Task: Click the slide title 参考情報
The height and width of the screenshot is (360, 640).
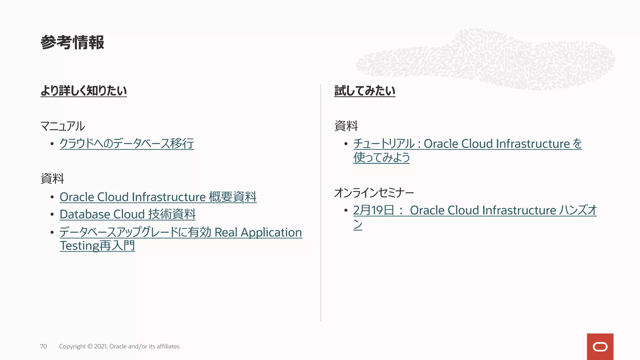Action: click(72, 42)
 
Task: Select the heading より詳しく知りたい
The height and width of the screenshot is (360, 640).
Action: click(83, 91)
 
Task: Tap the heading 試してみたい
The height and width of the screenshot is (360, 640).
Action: click(364, 91)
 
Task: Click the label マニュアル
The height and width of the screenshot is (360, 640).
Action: click(62, 126)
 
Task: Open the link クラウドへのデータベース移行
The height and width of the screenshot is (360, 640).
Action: click(127, 144)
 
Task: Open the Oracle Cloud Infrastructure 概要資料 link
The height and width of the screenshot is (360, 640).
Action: click(158, 197)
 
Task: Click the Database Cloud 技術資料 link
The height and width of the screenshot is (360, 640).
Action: click(127, 214)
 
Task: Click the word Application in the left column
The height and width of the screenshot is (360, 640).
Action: click(271, 232)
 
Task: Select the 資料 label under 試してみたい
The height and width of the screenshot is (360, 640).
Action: click(346, 126)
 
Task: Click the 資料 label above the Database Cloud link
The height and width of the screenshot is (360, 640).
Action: click(52, 179)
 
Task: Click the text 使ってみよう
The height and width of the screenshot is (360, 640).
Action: click(381, 157)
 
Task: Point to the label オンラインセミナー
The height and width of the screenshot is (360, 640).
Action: click(374, 193)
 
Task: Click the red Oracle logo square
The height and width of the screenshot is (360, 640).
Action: click(600, 347)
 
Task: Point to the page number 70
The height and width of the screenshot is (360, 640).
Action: click(43, 346)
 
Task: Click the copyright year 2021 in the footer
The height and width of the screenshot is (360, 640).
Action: click(100, 346)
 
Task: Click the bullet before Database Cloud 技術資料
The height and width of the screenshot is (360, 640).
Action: click(52, 215)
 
